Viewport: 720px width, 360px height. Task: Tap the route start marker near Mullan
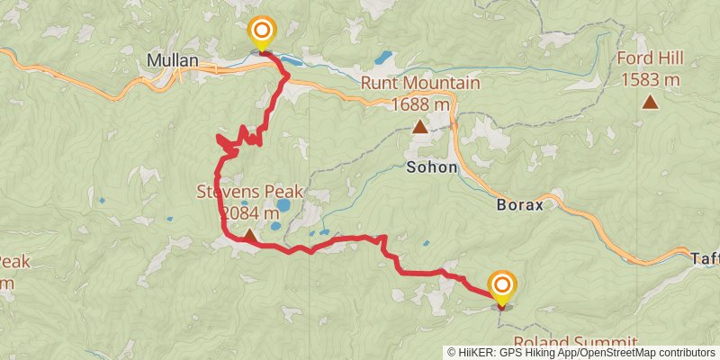point(261,35)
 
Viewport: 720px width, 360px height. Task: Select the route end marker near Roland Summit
point(501,288)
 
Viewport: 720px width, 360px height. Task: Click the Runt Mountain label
point(420,84)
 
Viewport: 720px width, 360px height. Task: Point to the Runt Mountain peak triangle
point(419,127)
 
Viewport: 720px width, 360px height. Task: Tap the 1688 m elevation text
point(420,104)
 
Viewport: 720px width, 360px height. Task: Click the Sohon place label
point(432,167)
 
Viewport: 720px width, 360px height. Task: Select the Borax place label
point(520,204)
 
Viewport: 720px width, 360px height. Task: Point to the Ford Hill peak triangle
point(650,102)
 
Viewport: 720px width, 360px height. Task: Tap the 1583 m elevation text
point(649,80)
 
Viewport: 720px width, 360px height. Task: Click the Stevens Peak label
point(250,193)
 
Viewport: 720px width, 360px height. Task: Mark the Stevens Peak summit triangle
point(249,232)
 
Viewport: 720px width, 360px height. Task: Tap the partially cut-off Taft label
point(706,256)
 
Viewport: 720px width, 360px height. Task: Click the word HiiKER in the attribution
point(476,353)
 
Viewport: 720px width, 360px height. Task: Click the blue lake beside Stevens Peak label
point(283,205)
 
